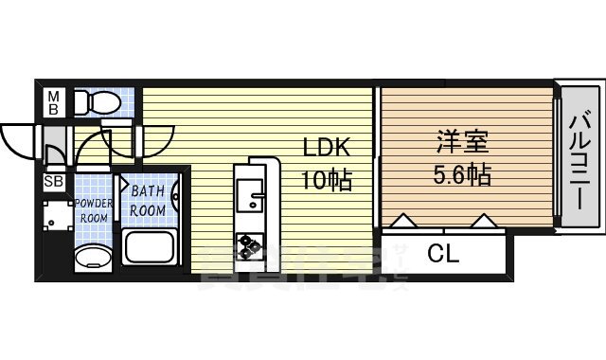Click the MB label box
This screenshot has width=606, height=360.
click(53, 102)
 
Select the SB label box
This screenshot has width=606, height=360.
click(54, 182)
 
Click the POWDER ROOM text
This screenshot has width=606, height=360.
click(93, 209)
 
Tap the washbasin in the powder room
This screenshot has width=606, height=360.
click(93, 257)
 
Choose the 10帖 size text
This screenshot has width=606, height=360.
click(327, 180)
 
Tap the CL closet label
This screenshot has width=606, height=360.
click(444, 253)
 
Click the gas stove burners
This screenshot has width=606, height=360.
click(250, 245)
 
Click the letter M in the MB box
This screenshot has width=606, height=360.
click(53, 96)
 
